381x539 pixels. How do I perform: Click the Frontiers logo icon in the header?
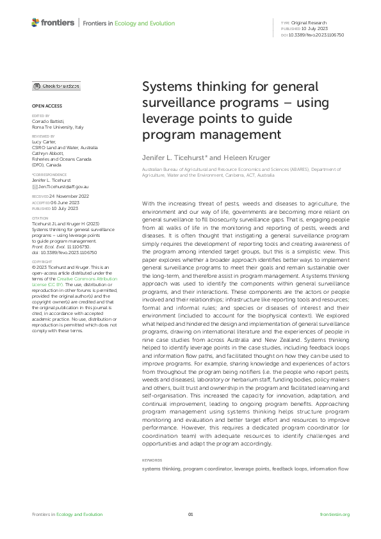point(36,23)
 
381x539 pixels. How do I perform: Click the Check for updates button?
point(57,86)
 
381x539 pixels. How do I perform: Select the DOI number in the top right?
point(317,35)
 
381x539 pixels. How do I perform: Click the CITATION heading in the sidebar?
point(42,218)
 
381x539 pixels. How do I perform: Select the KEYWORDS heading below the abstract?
point(152,460)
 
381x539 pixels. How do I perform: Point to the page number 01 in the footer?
point(190,514)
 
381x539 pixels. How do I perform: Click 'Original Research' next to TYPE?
point(310,23)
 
